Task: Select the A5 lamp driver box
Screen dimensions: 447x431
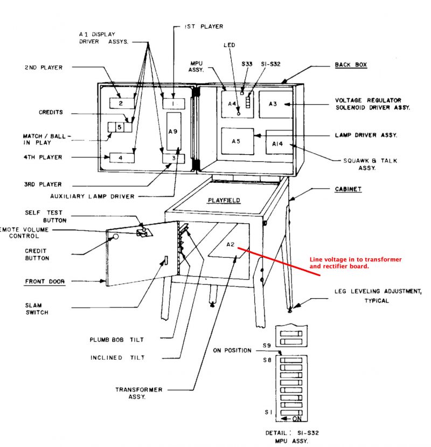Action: pyautogui.click(x=236, y=141)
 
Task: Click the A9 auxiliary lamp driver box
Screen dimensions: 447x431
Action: pyautogui.click(x=173, y=131)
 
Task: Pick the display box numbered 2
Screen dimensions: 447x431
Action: pyautogui.click(x=121, y=103)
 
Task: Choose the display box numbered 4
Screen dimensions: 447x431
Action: pyautogui.click(x=121, y=157)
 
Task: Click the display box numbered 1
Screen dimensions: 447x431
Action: pyautogui.click(x=173, y=102)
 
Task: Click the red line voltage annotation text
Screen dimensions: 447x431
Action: pyautogui.click(x=356, y=263)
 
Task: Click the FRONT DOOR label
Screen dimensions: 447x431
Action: pyautogui.click(x=45, y=281)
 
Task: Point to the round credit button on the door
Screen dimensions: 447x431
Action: pyautogui.click(x=115, y=236)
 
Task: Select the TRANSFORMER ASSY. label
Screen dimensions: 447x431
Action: pyautogui.click(x=139, y=394)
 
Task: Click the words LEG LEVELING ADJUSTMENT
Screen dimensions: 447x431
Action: pyautogui.click(x=378, y=292)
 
